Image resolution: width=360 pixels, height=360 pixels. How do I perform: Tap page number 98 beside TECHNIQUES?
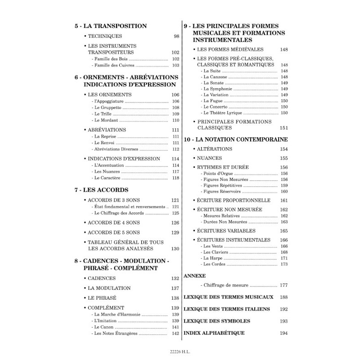(176, 36)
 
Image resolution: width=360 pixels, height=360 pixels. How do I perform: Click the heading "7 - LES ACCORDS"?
(101, 190)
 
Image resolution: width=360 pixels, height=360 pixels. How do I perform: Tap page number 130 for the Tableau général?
(175, 249)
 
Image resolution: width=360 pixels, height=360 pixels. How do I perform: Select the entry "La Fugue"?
(214, 101)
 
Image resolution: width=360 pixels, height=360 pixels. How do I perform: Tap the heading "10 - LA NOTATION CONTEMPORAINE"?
(236, 139)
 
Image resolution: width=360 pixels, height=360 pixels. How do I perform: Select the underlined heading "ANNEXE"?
(195, 275)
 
